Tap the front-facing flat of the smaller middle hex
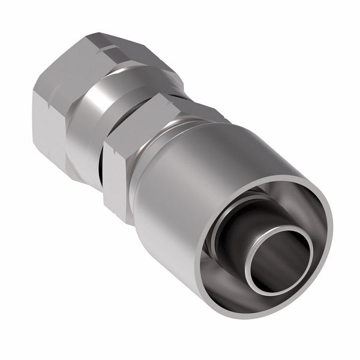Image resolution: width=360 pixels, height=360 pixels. point(120,174)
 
